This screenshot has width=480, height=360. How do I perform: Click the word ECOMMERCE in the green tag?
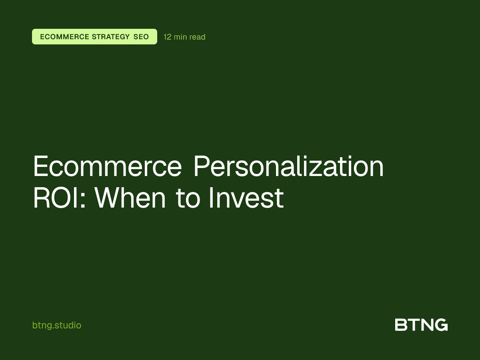(64, 37)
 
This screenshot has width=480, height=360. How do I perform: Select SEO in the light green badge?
(141, 37)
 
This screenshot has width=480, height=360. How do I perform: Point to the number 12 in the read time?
(168, 37)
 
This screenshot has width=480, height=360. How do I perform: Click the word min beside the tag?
(180, 37)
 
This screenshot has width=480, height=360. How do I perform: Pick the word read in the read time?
(198, 37)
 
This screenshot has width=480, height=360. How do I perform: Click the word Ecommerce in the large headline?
(107, 167)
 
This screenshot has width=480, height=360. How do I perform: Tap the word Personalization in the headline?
(288, 167)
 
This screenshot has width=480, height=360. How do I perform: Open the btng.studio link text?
(57, 325)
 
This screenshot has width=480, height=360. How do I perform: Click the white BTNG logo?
(421, 325)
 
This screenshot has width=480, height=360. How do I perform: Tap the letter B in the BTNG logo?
(401, 325)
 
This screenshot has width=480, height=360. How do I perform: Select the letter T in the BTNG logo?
(413, 325)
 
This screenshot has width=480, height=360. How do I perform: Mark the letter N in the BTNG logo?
(426, 325)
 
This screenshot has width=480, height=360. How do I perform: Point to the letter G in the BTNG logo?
(441, 325)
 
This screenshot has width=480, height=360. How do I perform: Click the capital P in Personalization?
(202, 167)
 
